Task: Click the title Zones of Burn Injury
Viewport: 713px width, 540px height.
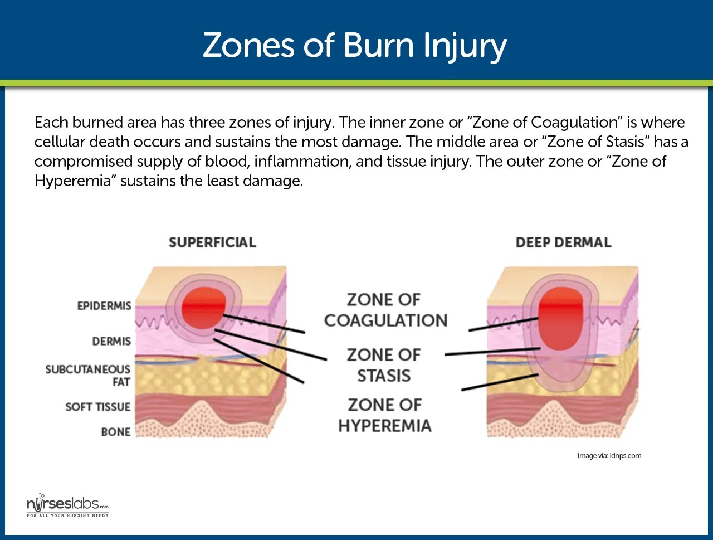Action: pos(355,45)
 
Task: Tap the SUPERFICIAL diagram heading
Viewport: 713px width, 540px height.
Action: pos(212,242)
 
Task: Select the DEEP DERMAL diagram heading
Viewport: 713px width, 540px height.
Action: pos(563,242)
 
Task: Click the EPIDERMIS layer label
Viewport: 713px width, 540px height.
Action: pos(104,306)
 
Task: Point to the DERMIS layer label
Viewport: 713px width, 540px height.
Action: pos(111,341)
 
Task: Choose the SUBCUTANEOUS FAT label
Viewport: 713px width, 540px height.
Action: pos(88,375)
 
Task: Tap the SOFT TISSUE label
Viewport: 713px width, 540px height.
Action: pos(97,407)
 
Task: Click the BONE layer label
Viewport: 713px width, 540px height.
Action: pos(115,432)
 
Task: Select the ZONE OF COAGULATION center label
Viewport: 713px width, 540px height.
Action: pos(385,310)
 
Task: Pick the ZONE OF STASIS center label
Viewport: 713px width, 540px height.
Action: pos(384,365)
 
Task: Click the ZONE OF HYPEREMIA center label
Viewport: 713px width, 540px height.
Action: pos(384,415)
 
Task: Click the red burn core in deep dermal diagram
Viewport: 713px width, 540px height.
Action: pos(561,318)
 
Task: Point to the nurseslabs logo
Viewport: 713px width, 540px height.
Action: pos(67,506)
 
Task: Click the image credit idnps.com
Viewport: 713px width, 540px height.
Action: pos(609,456)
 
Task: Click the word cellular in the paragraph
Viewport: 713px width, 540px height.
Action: pos(60,142)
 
